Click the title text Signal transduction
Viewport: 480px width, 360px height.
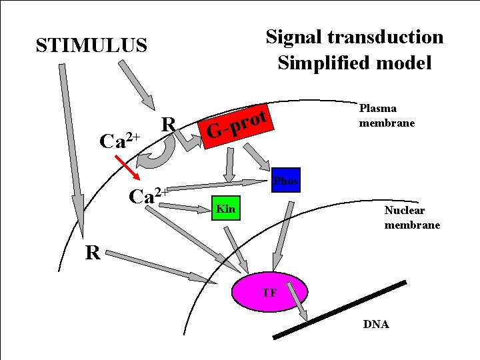354,37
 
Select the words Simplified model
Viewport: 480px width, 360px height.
354,63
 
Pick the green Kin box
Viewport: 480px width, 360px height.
225,209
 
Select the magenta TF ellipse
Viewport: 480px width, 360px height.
270,292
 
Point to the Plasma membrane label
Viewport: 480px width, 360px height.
387,115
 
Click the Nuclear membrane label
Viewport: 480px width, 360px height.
411,217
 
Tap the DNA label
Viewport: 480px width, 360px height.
376,324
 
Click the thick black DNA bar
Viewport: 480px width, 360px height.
340,309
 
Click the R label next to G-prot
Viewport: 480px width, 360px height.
169,124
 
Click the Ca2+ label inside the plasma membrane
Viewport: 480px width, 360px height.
148,196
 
